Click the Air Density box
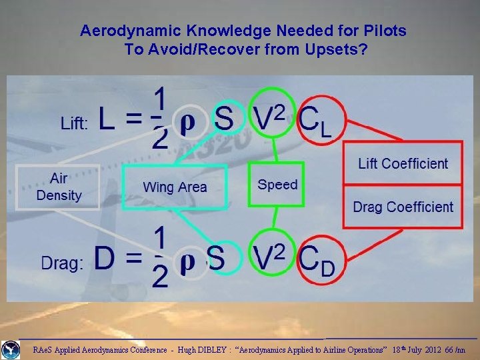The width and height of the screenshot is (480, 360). (59, 187)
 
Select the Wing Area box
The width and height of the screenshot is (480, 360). (175, 187)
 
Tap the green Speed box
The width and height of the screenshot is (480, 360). (277, 185)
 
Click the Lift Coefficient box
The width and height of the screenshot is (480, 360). (403, 163)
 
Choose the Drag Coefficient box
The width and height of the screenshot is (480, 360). (403, 207)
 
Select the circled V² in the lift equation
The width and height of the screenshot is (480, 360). (270, 119)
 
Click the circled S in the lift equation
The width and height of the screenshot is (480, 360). (224, 120)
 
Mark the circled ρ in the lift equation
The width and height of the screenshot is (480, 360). (189, 124)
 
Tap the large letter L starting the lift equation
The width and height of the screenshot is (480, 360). (110, 120)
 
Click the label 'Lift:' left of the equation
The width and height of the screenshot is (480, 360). (74, 125)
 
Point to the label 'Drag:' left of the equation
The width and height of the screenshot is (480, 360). (62, 264)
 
